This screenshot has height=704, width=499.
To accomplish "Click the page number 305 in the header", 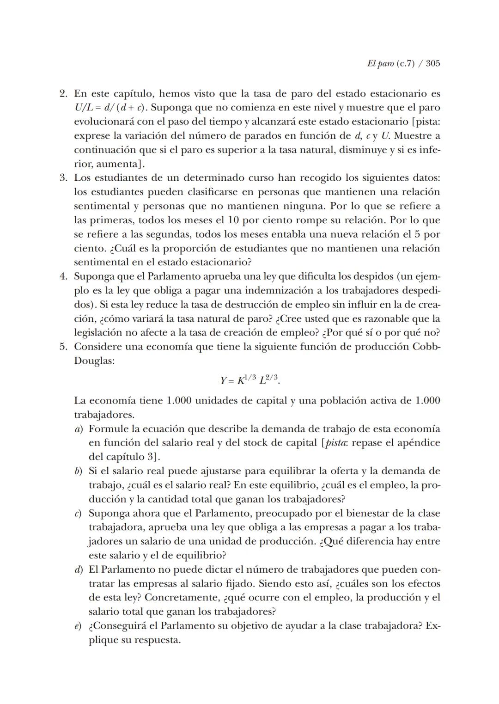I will coord(432,63).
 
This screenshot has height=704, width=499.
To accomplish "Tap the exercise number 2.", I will coord(64,94).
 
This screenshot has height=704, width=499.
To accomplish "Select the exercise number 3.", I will coord(64,178).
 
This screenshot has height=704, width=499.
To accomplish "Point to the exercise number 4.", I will coord(64,277).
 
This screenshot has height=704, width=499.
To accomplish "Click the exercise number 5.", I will coord(64,347).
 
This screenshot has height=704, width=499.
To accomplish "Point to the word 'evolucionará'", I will coord(101,122).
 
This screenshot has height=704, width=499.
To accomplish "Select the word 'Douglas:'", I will coord(94,361).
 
